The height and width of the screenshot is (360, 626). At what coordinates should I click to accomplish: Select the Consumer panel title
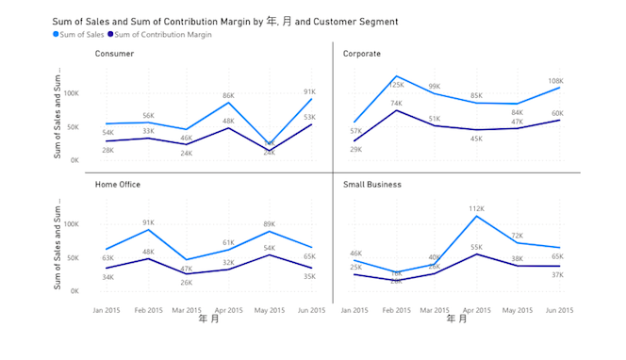pyautogui.click(x=114, y=54)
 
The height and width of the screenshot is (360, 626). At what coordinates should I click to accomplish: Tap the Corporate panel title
pyautogui.click(x=362, y=54)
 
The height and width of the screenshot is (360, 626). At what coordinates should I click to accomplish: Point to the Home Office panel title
pyautogui.click(x=119, y=185)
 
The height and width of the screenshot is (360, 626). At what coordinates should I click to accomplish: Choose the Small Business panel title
pyautogui.click(x=371, y=185)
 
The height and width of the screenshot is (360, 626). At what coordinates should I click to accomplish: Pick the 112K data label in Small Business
pyautogui.click(x=476, y=208)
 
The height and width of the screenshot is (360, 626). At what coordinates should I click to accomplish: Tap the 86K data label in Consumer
pyautogui.click(x=228, y=95)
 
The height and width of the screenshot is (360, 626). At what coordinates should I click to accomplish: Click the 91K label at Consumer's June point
pyautogui.click(x=309, y=91)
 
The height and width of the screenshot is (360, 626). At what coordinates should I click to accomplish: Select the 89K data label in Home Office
pyautogui.click(x=269, y=223)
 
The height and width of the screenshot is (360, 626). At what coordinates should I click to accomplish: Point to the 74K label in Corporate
pyautogui.click(x=396, y=104)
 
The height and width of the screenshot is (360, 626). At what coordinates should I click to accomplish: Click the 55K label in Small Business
pyautogui.click(x=476, y=247)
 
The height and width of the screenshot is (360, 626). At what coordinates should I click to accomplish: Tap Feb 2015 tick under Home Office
pyautogui.click(x=148, y=309)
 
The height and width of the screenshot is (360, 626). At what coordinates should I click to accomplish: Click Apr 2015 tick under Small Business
pyautogui.click(x=477, y=309)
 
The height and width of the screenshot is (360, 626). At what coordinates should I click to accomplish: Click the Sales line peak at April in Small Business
pyautogui.click(x=477, y=217)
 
